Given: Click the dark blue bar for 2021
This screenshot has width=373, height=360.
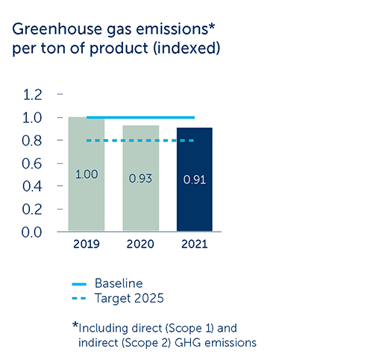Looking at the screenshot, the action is [195, 180].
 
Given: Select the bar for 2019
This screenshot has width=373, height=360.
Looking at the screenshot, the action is [87, 174].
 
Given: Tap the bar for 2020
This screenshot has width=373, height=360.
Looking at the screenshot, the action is [141, 178].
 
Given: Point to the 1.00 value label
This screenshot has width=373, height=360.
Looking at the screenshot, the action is [87, 174].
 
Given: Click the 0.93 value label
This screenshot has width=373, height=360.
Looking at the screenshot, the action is [140, 179].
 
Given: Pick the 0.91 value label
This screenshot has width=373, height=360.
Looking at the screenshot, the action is [195, 180].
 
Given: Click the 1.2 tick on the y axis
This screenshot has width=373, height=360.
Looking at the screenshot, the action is [32, 95].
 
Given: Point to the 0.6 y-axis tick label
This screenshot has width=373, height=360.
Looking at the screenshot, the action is [32, 164].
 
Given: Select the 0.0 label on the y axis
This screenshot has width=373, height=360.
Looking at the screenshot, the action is [31, 233].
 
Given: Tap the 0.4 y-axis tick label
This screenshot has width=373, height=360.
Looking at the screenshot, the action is [32, 186].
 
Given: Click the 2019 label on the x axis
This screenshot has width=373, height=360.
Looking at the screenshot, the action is [87, 244].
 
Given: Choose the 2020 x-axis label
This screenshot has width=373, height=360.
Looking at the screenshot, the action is [140, 244].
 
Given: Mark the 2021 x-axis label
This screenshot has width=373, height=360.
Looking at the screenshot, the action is [195, 244].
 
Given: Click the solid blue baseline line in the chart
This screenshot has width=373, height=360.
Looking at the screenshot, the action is [140, 118].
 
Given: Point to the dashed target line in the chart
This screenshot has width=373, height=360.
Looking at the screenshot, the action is [140, 141].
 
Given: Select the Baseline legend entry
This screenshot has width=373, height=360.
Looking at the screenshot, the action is [107, 283].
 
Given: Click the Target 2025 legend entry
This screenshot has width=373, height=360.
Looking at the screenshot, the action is [118, 298].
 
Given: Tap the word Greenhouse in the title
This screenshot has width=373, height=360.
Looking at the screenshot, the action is [57, 29].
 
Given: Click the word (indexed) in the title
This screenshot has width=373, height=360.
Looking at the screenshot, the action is [186, 48].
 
